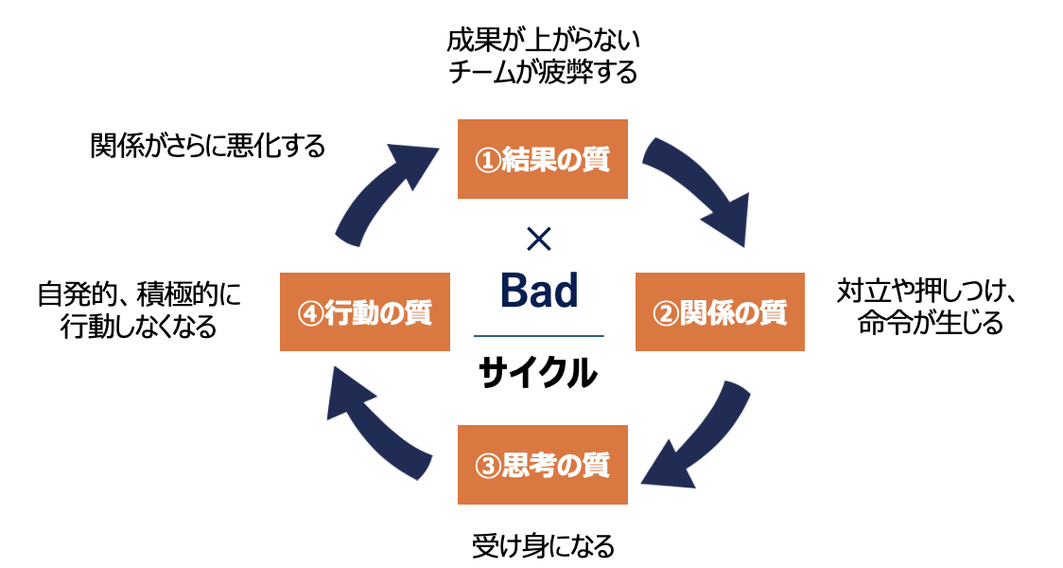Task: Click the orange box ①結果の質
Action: coord(543,159)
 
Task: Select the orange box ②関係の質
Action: coord(720,311)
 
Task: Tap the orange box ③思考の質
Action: coord(543,465)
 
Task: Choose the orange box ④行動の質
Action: coord(365,311)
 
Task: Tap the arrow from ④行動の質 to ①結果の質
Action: coord(388,189)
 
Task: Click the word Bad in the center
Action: coord(538,291)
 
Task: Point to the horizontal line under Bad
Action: coord(538,336)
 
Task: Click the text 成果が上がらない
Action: coord(543,41)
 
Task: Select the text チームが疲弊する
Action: coord(543,72)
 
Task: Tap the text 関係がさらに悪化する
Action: coord(208,146)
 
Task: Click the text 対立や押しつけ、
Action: coord(927,293)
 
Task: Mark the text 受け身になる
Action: coord(543,546)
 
